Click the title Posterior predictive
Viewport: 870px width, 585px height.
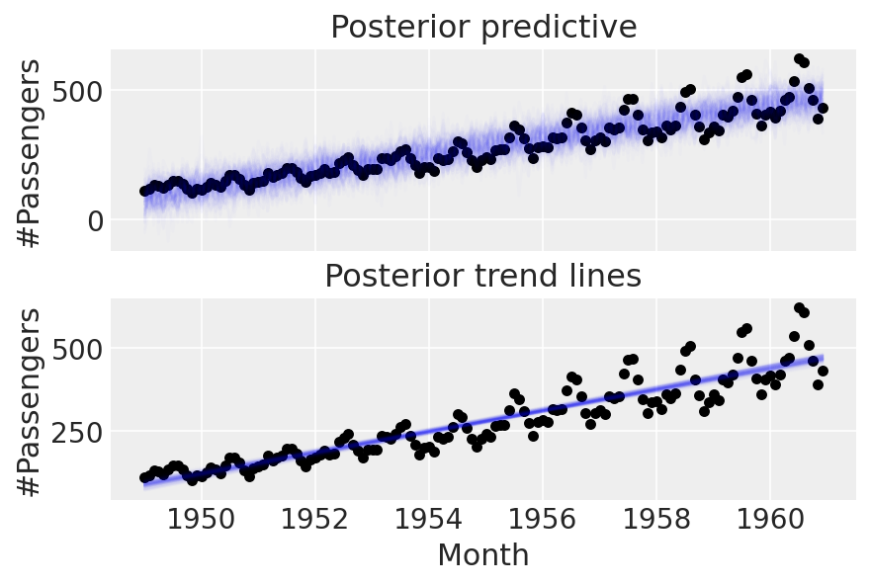[x=483, y=27]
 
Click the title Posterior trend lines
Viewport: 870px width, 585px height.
[x=483, y=278]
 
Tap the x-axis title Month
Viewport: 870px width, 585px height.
[x=483, y=554]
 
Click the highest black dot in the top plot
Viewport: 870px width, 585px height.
[x=799, y=59]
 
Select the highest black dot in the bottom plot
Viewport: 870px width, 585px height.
[x=799, y=308]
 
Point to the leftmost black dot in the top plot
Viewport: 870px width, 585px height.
[x=144, y=191]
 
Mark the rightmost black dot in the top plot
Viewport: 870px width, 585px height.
[x=823, y=108]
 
